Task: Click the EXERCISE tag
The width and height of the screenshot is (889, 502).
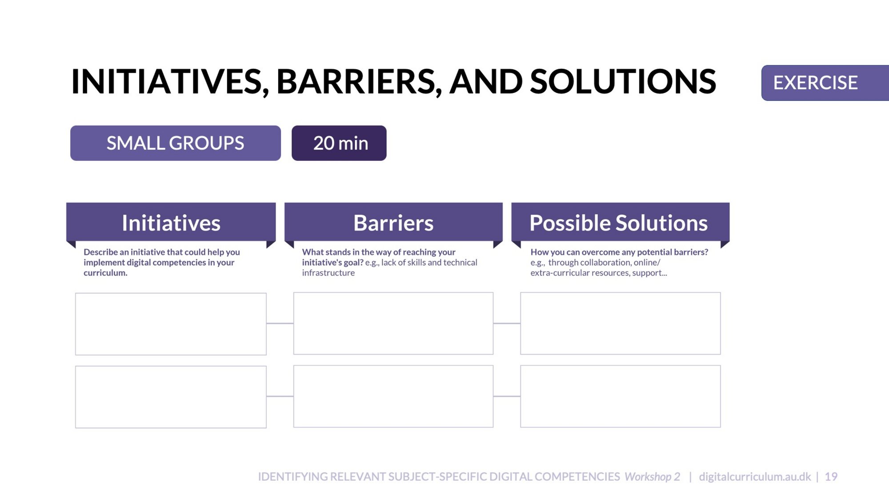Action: coord(825,83)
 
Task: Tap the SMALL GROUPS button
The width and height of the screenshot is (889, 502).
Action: coord(176,143)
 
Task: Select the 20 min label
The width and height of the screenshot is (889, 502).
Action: coord(339,143)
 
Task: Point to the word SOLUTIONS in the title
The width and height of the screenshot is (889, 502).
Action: coord(623,82)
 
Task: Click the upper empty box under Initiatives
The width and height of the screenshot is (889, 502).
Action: coord(171,324)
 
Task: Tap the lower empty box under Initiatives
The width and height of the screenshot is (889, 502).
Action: coord(171,397)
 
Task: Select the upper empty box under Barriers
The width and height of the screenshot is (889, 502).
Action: coord(393,323)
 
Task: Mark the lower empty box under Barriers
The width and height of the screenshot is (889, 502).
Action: coord(393,396)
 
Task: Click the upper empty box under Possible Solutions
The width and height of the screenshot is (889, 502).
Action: coord(621,323)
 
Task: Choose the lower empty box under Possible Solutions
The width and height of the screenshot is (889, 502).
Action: coord(621,396)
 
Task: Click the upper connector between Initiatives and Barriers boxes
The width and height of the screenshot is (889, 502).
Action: coord(280,323)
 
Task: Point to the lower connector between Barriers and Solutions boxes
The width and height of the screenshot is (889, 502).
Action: coord(507,396)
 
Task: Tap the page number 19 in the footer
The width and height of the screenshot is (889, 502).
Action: coord(831,477)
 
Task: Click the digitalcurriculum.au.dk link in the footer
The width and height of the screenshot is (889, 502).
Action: coord(755,477)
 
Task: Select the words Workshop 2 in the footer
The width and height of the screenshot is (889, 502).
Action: coord(653,477)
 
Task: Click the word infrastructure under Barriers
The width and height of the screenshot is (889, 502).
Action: coord(328,273)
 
